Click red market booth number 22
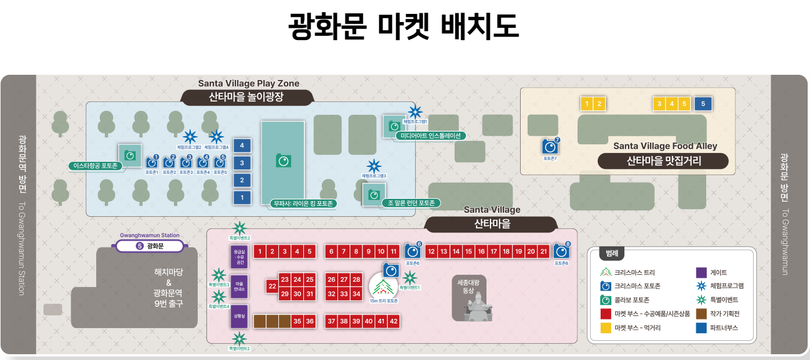pos(272,286)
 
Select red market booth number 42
pos(394,321)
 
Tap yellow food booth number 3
pos(659,104)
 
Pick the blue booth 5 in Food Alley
pos(703,104)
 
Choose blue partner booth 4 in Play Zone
pos(242,145)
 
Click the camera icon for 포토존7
pos(549,147)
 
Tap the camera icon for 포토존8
pos(560,252)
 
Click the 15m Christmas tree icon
pos(383,286)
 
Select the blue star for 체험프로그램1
pos(415,112)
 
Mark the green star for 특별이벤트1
pos(410,278)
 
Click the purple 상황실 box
pos(239,317)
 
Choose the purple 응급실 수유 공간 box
pos(239,256)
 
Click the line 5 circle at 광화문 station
pos(139,246)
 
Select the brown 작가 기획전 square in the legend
pos(701,314)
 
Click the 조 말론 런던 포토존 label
pos(411,203)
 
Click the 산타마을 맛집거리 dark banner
pos(663,161)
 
